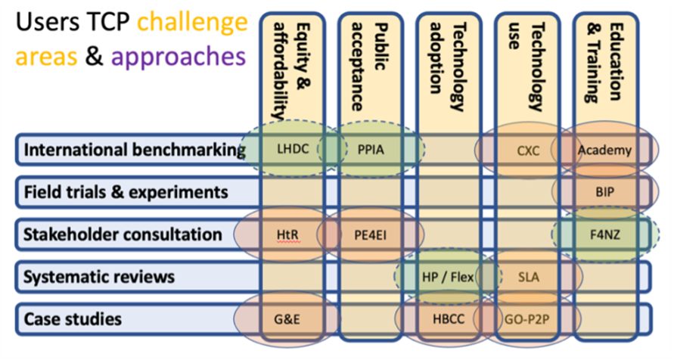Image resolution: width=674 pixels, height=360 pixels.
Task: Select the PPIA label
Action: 371,150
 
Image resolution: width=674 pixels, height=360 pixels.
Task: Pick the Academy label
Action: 604,150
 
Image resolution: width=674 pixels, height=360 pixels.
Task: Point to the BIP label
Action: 604,192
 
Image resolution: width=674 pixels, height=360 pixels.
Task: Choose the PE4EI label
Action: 371,235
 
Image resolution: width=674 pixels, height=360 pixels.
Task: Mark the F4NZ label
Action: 604,235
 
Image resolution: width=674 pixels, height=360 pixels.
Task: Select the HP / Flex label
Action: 449,277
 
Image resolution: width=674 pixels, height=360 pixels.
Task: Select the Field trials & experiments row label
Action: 126,192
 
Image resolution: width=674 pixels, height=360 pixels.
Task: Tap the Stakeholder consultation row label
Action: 123,235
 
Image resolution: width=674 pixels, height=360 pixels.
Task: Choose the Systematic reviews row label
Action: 99,277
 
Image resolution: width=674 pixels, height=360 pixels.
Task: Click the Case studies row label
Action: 73,318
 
